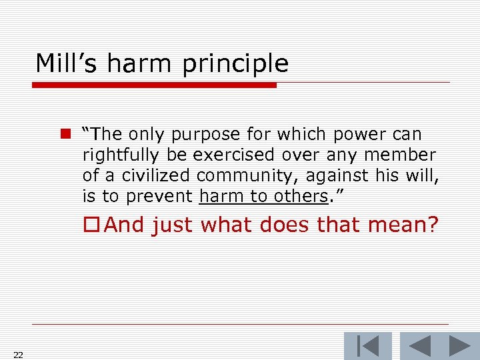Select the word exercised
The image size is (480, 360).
click(x=233, y=155)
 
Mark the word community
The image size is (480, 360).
click(x=247, y=177)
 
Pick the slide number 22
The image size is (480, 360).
click(x=18, y=355)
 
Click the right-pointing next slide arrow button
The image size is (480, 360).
click(x=458, y=346)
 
